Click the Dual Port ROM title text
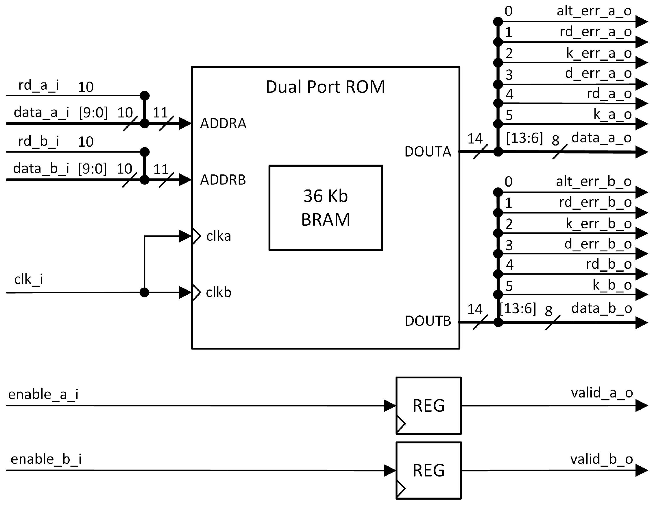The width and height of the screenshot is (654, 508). [x=325, y=87]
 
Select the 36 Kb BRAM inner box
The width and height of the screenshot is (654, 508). [x=326, y=208]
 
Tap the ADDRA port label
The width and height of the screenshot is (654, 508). [x=223, y=124]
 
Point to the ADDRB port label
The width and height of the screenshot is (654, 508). [x=223, y=180]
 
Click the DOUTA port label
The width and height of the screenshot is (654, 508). [x=428, y=152]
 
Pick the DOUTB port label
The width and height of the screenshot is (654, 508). [x=428, y=321]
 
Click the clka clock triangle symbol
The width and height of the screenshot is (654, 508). [x=196, y=236]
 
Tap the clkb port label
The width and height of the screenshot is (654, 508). [x=219, y=292]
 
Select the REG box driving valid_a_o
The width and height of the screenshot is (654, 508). [x=428, y=406]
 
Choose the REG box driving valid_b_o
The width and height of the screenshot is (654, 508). [x=428, y=470]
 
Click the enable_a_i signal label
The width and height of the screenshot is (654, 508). [x=43, y=394]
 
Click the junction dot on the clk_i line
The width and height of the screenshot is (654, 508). [x=144, y=292]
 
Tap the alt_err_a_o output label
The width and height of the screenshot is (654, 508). [x=594, y=11]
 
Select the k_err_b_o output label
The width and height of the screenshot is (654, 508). [x=598, y=224]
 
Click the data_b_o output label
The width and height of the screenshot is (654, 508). [x=601, y=308]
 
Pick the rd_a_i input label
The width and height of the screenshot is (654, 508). [x=38, y=85]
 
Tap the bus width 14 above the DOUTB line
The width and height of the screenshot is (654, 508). [x=475, y=309]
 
